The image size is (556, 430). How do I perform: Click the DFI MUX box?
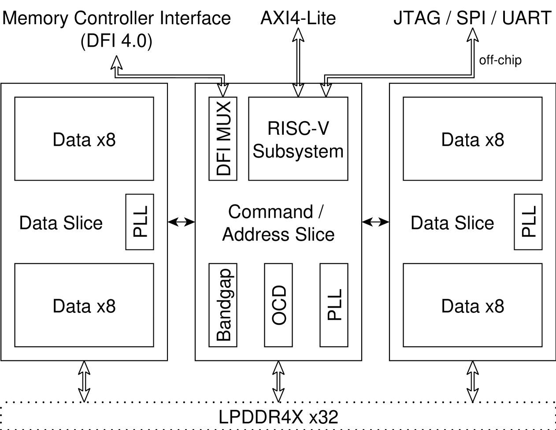coord(222,139)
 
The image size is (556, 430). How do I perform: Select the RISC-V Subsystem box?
coord(298,139)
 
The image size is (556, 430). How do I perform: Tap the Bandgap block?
coord(222,305)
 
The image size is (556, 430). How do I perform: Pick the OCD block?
coord(278,305)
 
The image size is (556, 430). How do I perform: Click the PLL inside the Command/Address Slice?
coord(334,305)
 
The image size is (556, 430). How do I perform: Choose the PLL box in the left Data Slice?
coord(140,222)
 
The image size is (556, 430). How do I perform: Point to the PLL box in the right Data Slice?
coord(528,222)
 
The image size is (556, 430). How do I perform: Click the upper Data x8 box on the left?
coord(84,139)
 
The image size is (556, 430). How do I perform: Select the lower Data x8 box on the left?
coord(84,305)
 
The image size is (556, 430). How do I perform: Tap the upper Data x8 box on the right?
coord(472,139)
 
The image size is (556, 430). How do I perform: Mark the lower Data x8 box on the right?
coord(472,305)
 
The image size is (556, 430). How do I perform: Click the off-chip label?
coord(500,60)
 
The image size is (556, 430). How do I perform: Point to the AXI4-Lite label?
coord(298,18)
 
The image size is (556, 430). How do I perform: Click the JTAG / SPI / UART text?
coord(472,18)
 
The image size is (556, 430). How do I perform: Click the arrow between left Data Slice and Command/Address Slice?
coord(181,222)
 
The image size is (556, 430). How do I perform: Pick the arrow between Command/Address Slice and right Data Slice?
coord(376,222)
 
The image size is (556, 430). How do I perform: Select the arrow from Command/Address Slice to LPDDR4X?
coord(278,381)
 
